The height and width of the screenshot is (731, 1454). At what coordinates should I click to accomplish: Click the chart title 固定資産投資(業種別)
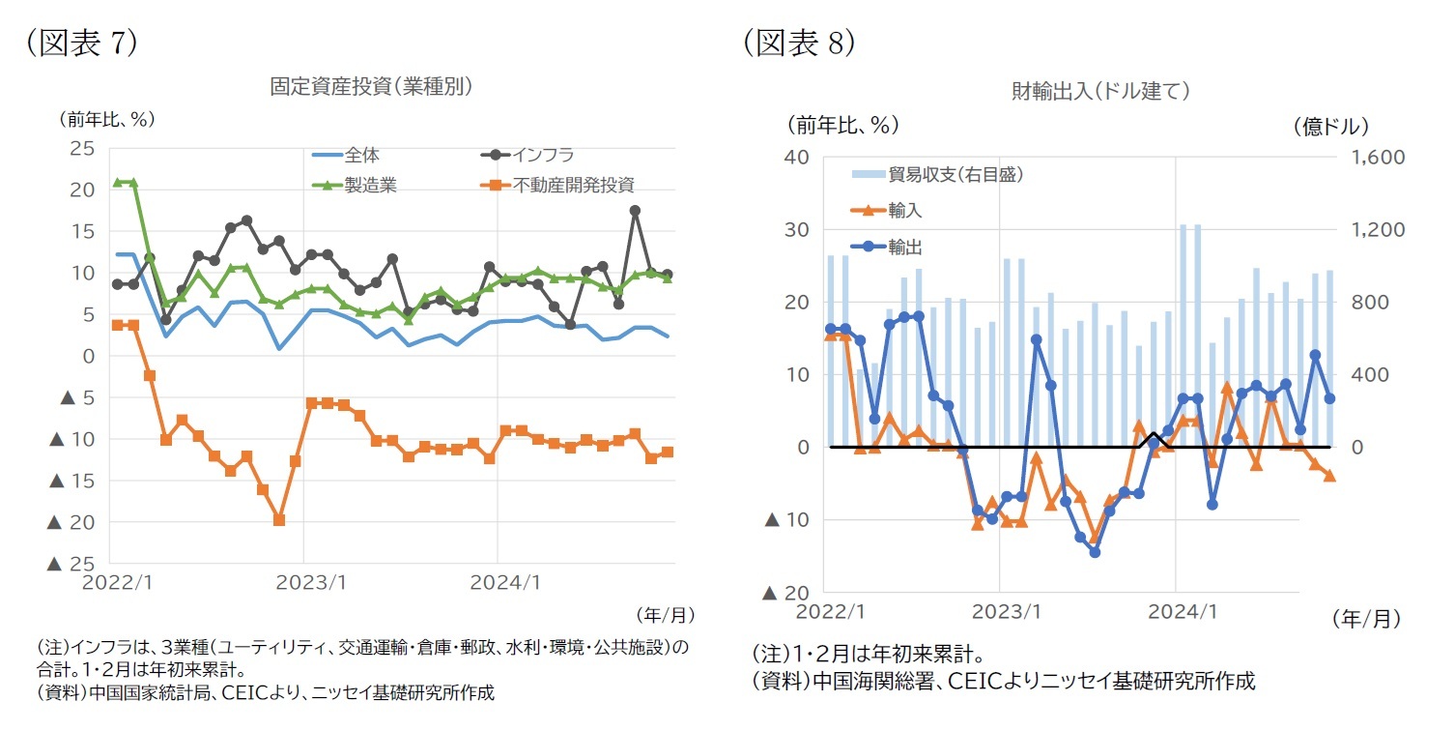370,86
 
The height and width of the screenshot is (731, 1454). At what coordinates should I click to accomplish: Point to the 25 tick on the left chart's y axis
82,148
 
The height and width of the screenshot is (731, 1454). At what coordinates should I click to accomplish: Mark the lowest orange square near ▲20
278,520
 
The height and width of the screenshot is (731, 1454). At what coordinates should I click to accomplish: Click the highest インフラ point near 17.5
635,210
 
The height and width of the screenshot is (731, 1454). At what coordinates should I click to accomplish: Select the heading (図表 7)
82,43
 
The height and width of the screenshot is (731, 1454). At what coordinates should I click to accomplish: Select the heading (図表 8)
799,43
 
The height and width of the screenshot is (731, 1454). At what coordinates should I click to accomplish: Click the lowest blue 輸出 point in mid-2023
1095,552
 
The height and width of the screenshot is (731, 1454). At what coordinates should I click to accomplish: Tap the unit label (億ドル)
1329,126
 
